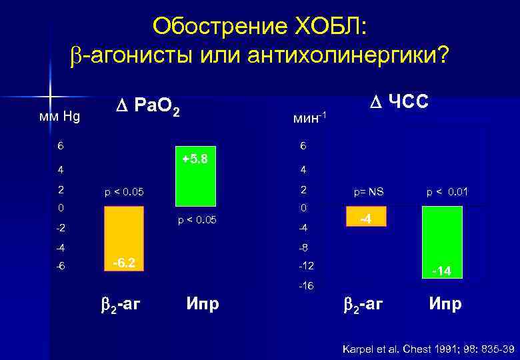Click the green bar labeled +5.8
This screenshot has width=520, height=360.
[x=195, y=176]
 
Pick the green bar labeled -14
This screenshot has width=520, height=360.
[x=441, y=242]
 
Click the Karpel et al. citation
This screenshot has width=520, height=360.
[x=427, y=348]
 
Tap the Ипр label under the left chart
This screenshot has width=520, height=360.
[x=203, y=305]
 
